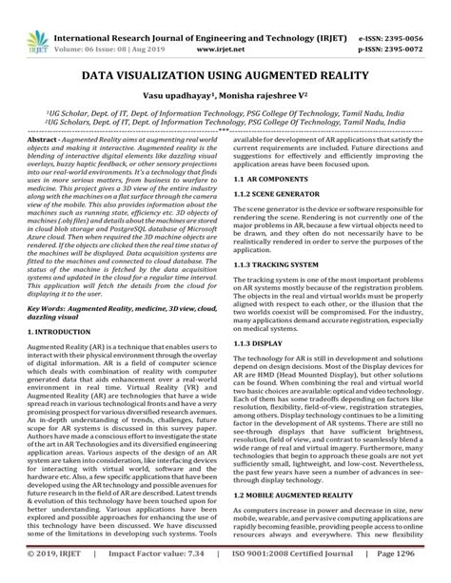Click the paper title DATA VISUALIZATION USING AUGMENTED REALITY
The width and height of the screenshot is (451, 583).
(x=225, y=75)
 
